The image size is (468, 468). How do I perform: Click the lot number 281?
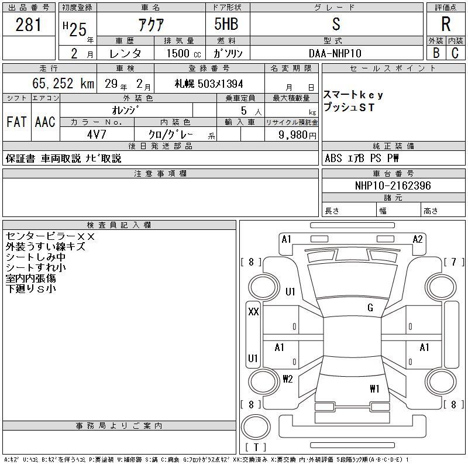point(28,24)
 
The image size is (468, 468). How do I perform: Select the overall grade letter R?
point(446,24)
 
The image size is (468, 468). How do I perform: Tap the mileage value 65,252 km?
point(63,83)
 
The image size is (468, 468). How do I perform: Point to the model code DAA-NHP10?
point(335,53)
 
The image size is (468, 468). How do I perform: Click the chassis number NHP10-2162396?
point(393,185)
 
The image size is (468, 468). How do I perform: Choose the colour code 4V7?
point(97,135)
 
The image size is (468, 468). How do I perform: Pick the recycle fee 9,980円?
point(297,135)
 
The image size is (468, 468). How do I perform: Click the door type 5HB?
point(226,24)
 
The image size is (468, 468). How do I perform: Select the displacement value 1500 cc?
point(184,53)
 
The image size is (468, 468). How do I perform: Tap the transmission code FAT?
point(16,122)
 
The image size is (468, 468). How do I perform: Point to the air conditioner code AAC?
point(45,122)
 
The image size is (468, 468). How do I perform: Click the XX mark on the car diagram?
point(253,312)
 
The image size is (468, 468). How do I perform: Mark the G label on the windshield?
point(370,308)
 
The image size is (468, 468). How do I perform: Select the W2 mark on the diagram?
point(288,379)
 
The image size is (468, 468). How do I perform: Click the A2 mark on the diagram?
point(418,239)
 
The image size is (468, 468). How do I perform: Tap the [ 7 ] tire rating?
point(454,262)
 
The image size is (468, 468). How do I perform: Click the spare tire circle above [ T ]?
point(256,427)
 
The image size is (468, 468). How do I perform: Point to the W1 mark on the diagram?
point(374,388)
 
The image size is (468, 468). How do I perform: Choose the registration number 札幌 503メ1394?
point(209,84)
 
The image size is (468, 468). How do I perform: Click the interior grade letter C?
point(455,53)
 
